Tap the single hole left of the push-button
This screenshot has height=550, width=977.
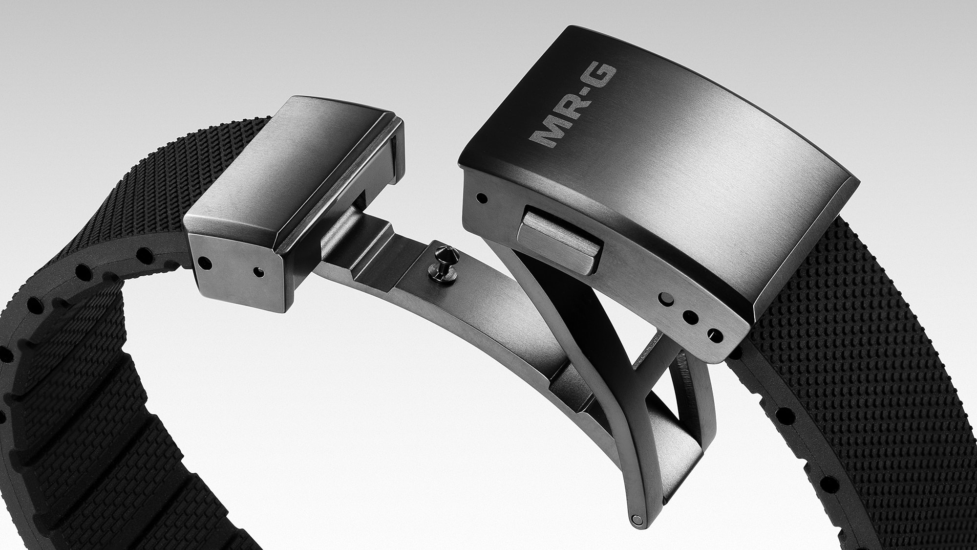[x=483, y=198]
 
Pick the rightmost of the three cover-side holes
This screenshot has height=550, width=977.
[x=716, y=336]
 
